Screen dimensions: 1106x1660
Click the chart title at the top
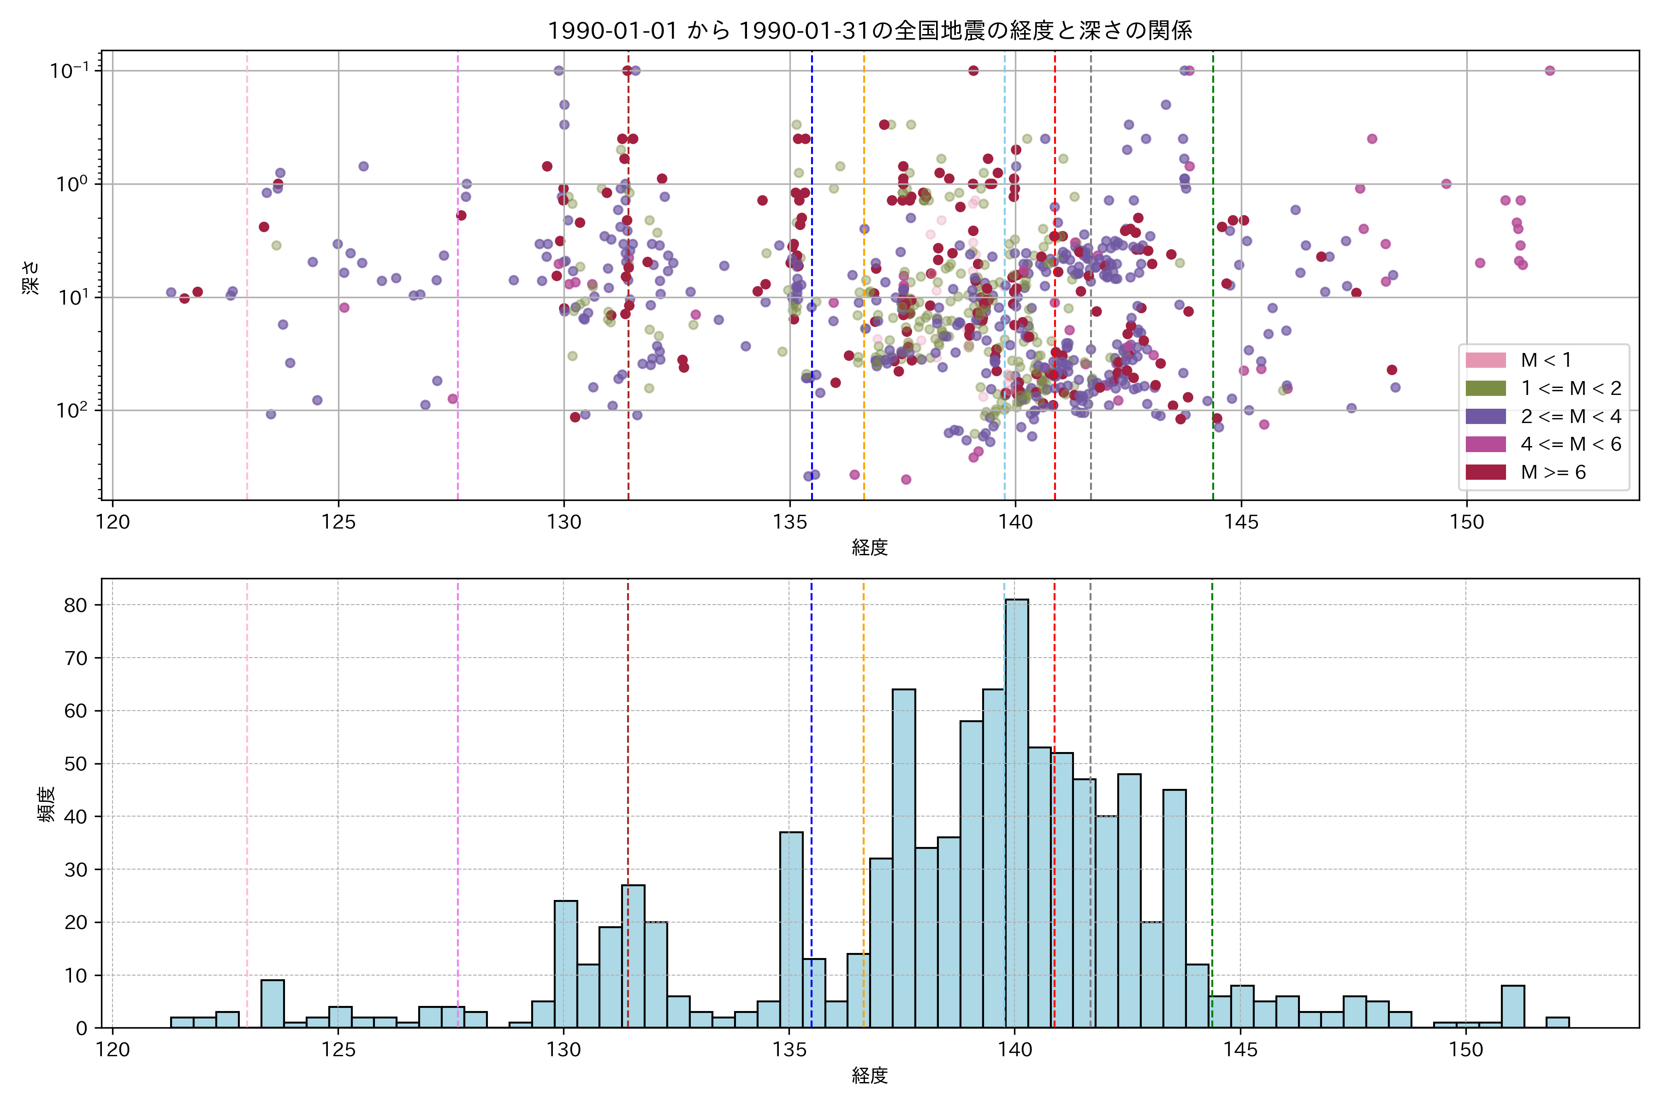[870, 30]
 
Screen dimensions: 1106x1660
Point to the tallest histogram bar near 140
[1016, 811]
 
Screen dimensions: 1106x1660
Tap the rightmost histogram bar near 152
[1558, 1022]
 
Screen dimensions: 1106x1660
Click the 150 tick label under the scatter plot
[1467, 522]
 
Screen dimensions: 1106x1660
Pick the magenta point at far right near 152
[1550, 71]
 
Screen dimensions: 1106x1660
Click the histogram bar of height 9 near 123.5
[273, 1004]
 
